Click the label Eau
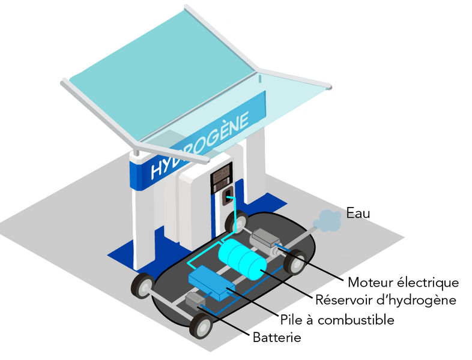click(358, 213)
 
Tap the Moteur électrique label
click(404, 283)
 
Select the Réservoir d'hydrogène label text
click(386, 300)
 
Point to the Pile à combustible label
click(337, 319)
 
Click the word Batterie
click(277, 337)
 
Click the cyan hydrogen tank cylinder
click(243, 259)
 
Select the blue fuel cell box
click(211, 283)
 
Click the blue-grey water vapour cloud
click(327, 221)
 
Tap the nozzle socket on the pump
click(228, 196)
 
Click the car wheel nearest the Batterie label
click(200, 325)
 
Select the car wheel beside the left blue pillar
click(143, 286)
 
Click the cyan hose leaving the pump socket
click(234, 215)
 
